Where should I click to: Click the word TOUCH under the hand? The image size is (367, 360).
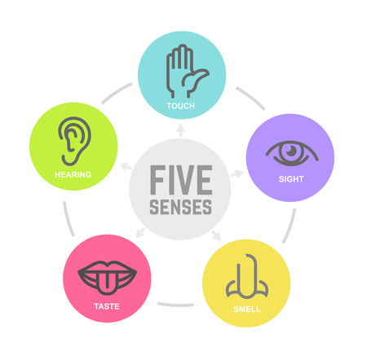181,106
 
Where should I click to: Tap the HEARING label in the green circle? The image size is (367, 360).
73,174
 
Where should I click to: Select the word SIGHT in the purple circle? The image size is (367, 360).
291,179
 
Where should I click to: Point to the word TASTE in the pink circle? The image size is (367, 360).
107,306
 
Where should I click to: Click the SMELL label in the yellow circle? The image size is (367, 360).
247,310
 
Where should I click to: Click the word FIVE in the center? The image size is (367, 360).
181,180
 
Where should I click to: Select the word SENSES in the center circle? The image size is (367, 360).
181,207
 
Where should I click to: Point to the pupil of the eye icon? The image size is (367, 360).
291,151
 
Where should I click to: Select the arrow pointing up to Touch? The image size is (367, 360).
180,130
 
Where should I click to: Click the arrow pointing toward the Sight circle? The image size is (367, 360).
237,173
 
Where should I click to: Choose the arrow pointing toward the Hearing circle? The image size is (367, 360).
126,165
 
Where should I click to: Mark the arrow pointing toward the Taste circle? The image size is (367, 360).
140,233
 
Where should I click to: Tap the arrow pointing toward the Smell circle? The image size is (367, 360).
216,235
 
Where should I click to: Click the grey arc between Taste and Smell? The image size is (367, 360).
175,305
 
